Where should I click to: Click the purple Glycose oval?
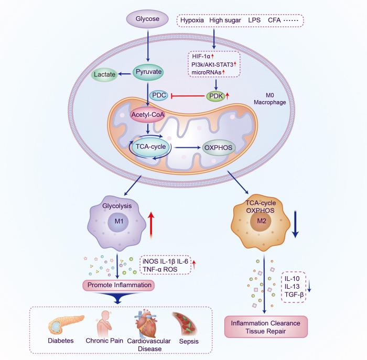[147, 19]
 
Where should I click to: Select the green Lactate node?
[104, 74]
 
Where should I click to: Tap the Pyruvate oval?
[148, 72]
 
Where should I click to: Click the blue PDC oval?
[159, 95]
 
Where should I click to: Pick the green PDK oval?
[215, 96]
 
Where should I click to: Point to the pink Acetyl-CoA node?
[147, 115]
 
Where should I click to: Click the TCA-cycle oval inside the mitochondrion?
[150, 147]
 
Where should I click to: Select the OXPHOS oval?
[219, 148]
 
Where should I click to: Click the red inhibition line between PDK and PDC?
[188, 96]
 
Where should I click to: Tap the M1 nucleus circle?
[118, 221]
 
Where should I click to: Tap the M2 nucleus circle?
[261, 221]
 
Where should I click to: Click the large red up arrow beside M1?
[152, 225]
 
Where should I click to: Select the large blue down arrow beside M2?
[295, 224]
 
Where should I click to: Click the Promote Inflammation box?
[119, 285]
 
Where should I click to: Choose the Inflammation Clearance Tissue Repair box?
[266, 327]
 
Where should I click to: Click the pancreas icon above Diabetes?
[66, 324]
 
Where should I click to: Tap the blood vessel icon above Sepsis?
[186, 323]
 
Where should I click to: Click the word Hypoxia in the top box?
[192, 20]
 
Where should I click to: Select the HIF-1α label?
[201, 56]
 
